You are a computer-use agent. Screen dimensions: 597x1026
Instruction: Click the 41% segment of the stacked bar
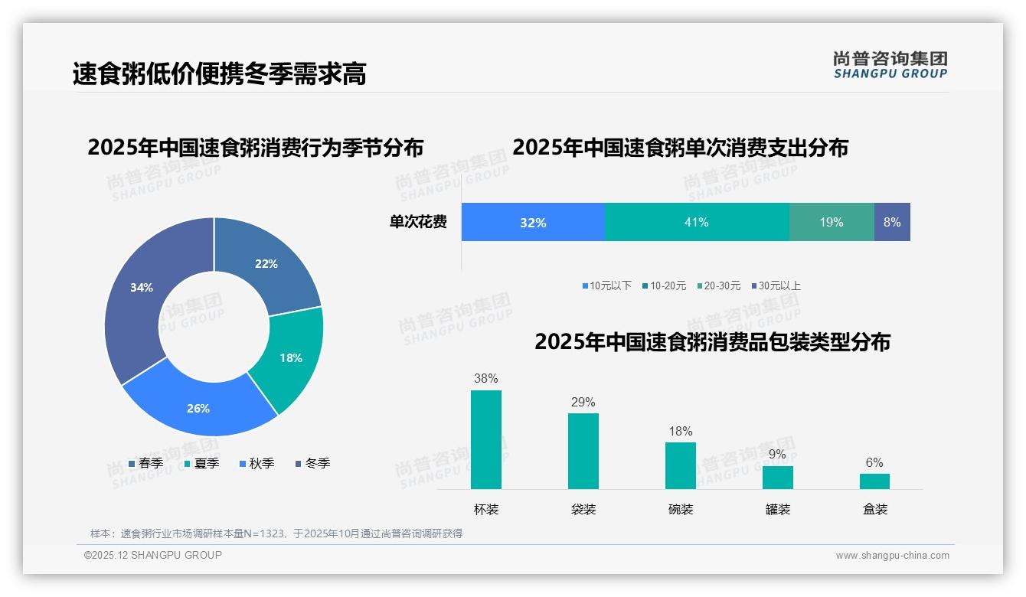pos(696,222)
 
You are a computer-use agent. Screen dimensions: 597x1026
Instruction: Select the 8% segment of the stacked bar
pos(892,222)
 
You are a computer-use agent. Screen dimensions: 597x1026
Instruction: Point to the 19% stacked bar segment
pos(831,222)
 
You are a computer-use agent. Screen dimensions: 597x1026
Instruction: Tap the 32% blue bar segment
pos(533,222)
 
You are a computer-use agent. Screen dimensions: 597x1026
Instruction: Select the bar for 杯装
pos(485,439)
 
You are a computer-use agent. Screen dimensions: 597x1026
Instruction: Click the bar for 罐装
pos(777,477)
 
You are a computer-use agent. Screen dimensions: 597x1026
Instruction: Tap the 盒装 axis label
pos(874,509)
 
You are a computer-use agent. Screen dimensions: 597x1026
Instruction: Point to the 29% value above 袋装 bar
pos(583,403)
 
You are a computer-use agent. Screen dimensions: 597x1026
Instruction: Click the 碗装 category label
pos(680,509)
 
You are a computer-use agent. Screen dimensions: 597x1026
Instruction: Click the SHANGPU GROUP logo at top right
pos(890,65)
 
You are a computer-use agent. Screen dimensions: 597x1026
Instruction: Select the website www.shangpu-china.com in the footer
pos(892,556)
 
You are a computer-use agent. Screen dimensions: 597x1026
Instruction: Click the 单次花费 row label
pos(418,222)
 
